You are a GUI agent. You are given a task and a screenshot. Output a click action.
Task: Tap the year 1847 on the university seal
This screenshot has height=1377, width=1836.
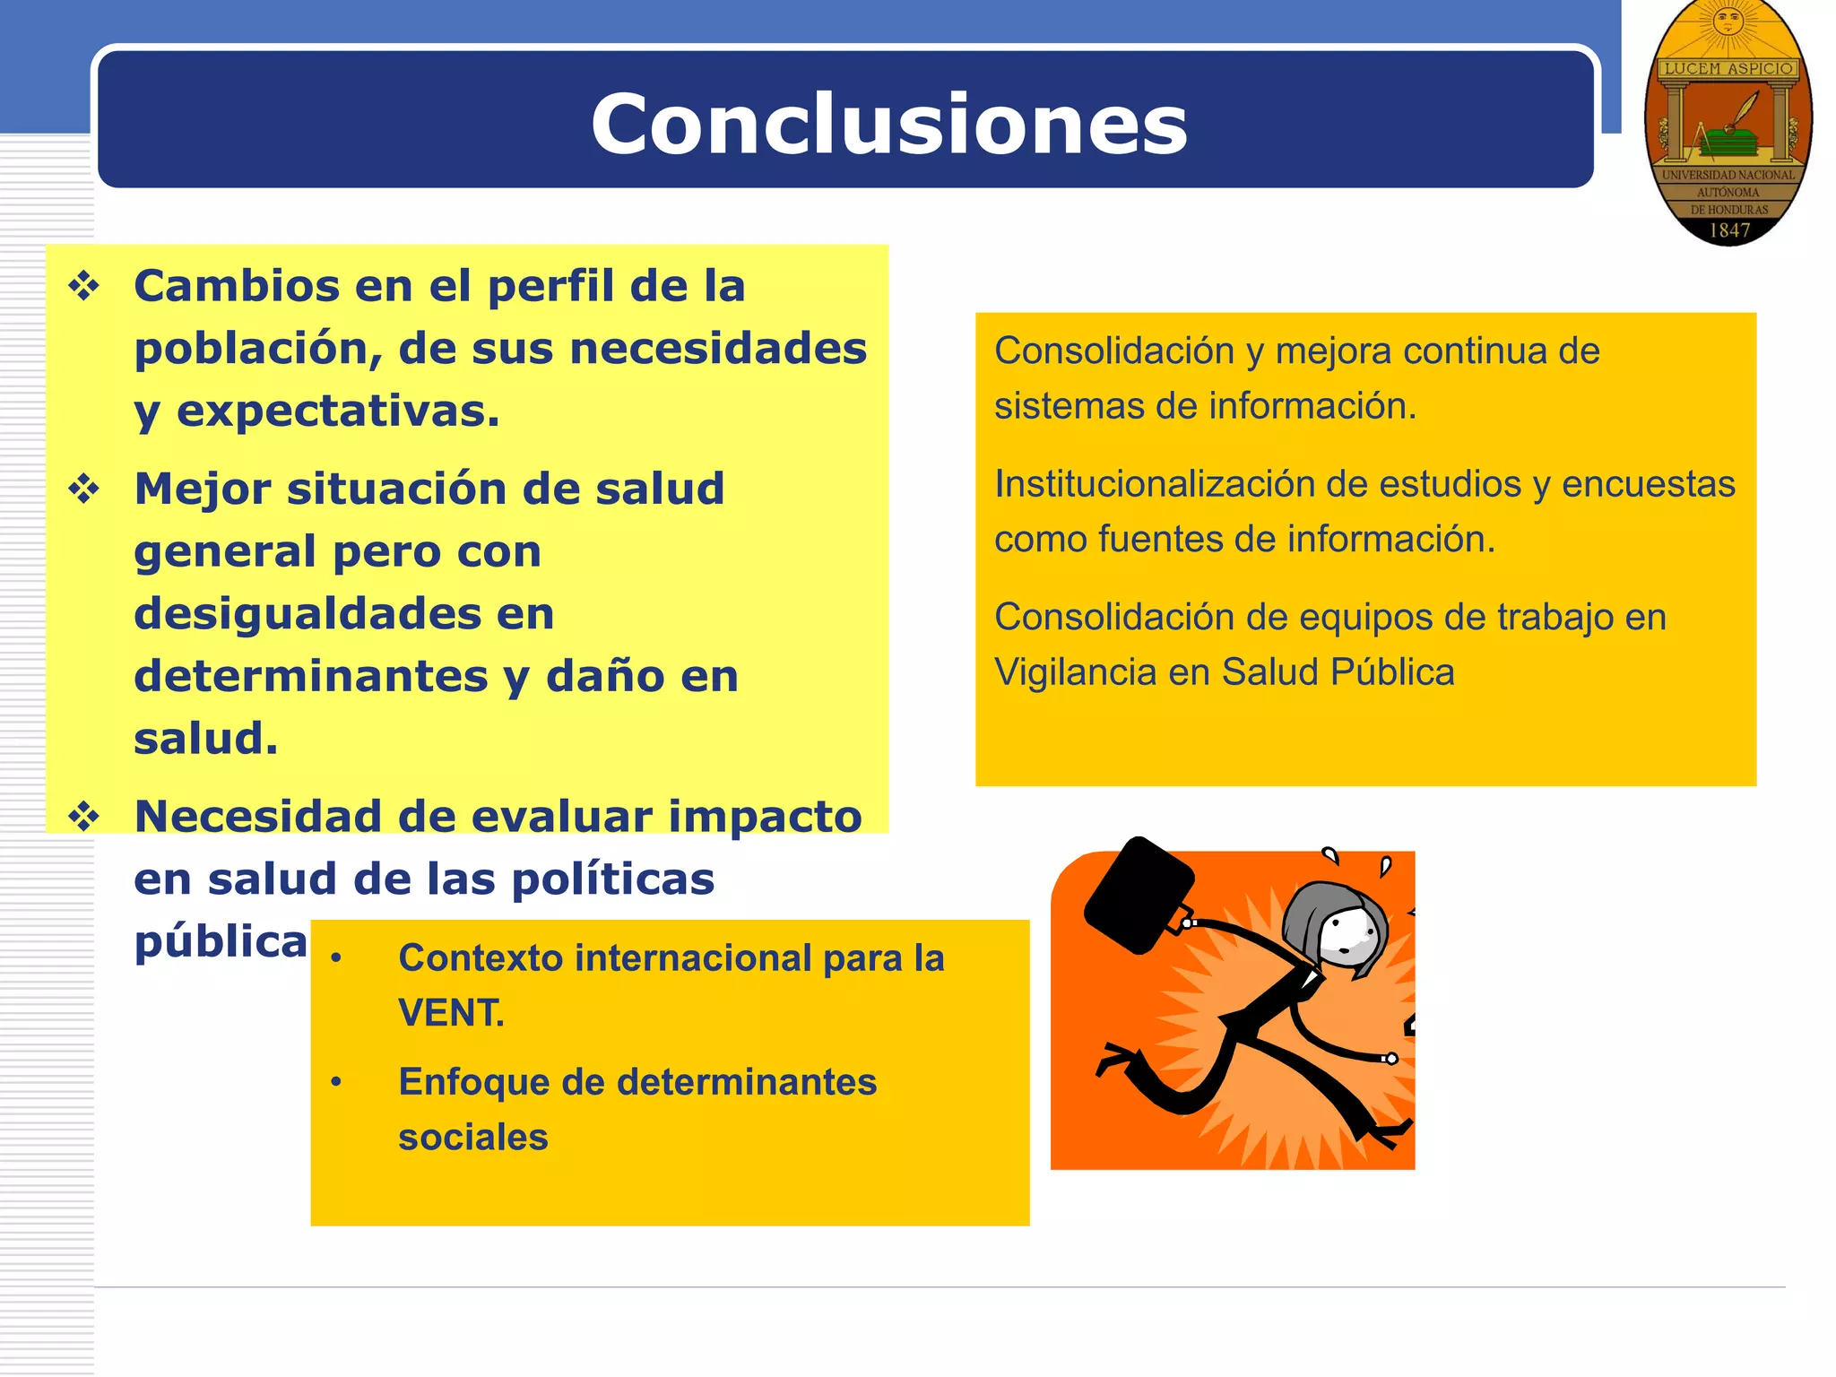click(x=1729, y=230)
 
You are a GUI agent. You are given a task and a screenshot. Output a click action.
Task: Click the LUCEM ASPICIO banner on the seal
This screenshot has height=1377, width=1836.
click(x=1728, y=68)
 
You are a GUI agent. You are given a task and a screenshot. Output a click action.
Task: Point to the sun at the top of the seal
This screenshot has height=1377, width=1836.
click(x=1728, y=20)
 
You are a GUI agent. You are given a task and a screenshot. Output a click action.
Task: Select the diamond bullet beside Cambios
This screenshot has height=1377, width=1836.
click(x=84, y=287)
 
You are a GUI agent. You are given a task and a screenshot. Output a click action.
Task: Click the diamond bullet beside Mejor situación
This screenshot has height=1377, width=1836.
click(x=84, y=489)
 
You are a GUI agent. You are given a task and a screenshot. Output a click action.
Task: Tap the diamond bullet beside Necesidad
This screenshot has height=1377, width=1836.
click(x=84, y=817)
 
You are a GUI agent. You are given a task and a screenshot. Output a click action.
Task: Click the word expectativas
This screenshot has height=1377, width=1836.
click(x=337, y=411)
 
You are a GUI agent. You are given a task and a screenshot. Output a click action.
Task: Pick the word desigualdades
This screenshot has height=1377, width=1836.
click(x=343, y=614)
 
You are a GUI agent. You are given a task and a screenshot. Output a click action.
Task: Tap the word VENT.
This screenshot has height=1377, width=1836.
click(x=451, y=1013)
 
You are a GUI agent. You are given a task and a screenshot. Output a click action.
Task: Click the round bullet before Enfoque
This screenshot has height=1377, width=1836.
click(x=336, y=1082)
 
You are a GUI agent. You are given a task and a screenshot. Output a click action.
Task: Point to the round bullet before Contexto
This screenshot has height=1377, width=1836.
click(x=336, y=958)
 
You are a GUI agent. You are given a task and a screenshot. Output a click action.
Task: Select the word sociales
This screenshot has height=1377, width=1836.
click(x=472, y=1137)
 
